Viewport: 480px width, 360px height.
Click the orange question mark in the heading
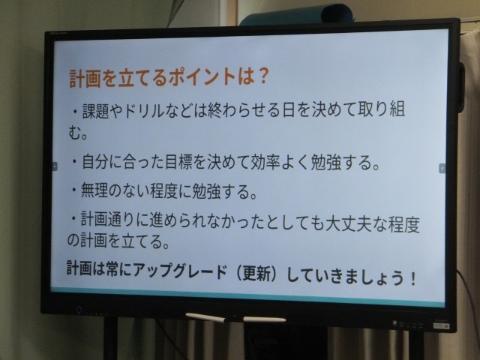click(261, 76)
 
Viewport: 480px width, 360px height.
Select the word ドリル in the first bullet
click(144, 110)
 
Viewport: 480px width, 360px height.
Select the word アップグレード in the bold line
click(180, 271)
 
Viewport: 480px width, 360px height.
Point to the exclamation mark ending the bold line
click(412, 278)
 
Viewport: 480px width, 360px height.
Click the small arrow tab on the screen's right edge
click(442, 168)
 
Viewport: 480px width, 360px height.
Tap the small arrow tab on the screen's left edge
click(55, 166)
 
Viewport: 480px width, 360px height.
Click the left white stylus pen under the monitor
click(205, 317)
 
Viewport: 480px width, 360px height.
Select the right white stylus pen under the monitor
click(265, 319)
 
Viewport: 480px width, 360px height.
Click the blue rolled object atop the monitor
click(295, 15)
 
